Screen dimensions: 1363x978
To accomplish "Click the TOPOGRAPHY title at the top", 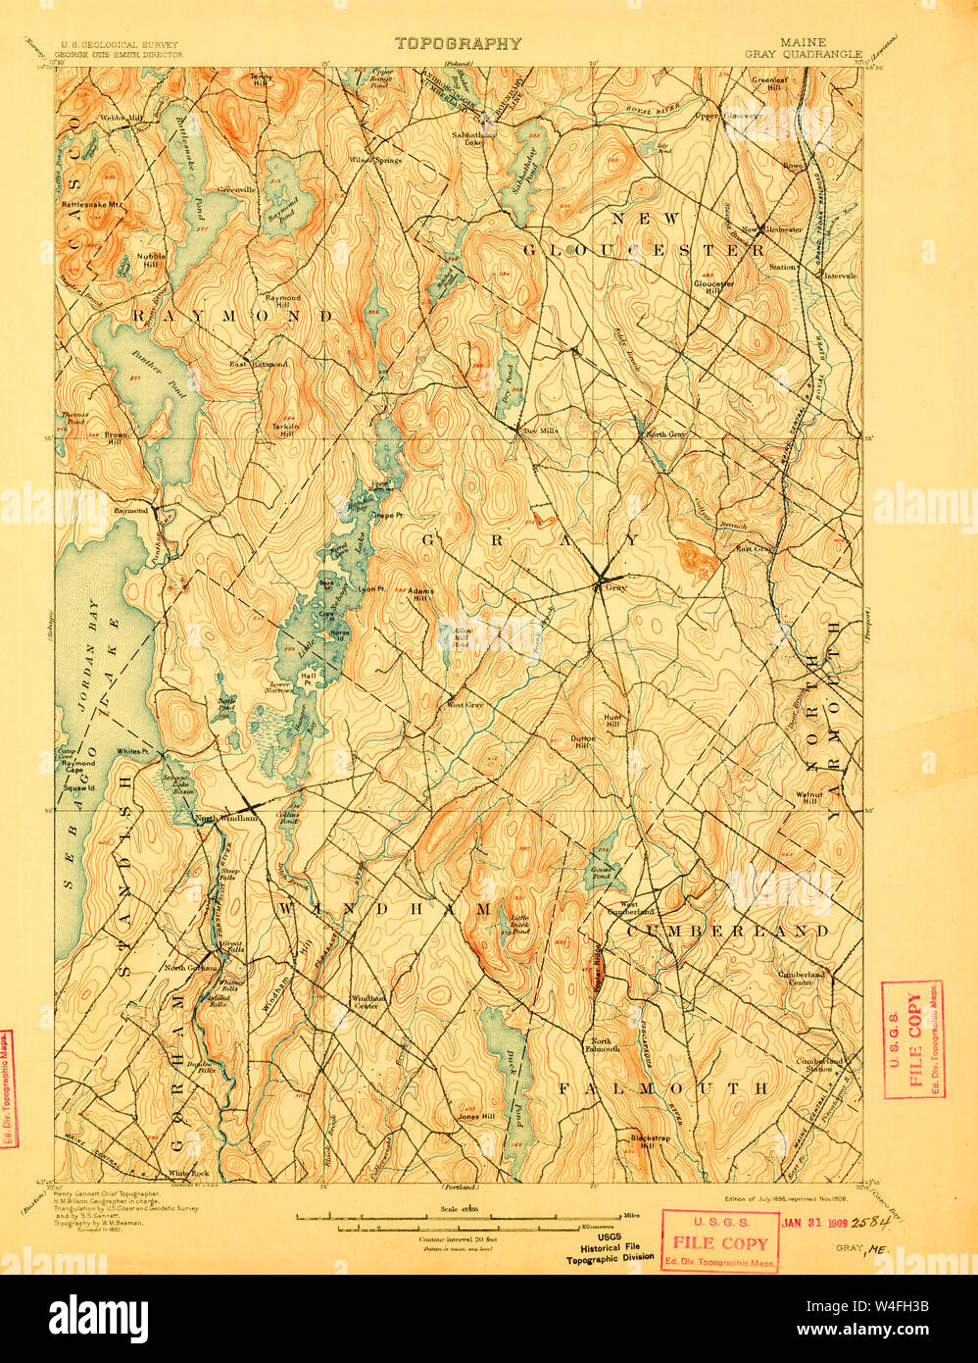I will [x=458, y=44].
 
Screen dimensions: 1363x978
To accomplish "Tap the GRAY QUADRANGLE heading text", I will [x=817, y=56].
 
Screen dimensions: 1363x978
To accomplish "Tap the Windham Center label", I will [x=366, y=1002].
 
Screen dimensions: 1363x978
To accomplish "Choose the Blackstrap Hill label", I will [x=649, y=1139].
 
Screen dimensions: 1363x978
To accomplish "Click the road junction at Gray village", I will [x=601, y=578].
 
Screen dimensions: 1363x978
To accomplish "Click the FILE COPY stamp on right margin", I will [x=913, y=1037].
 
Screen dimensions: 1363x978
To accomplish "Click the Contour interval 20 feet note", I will [x=458, y=1238].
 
